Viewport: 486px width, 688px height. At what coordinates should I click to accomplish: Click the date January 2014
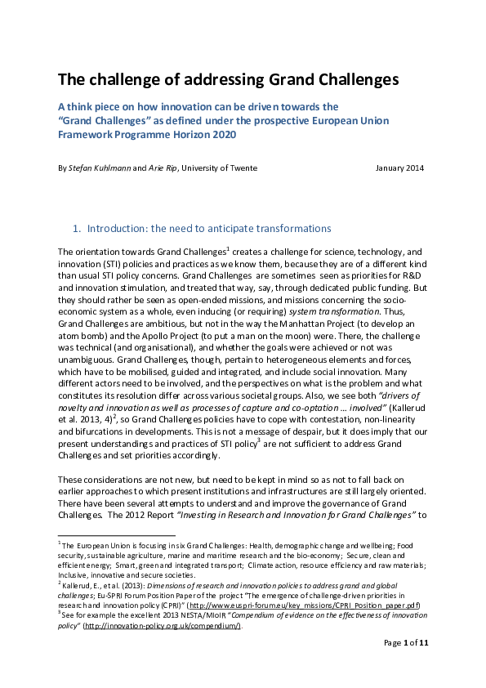pos(399,168)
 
